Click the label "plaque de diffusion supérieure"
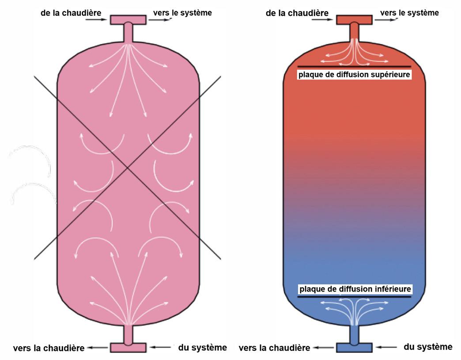[x=355, y=75]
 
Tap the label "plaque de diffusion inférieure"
[x=355, y=289]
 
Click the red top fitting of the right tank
[x=354, y=19]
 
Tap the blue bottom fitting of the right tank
[x=354, y=347]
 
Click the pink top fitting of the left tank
[x=128, y=20]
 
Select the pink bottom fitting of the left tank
[x=128, y=347]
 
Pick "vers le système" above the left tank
[x=182, y=13]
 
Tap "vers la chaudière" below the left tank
[x=49, y=348]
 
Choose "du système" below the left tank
[x=203, y=347]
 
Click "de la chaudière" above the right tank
[x=297, y=13]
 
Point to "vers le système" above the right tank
[x=409, y=13]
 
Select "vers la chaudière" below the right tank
[x=274, y=348]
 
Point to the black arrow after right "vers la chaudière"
[x=321, y=348]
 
